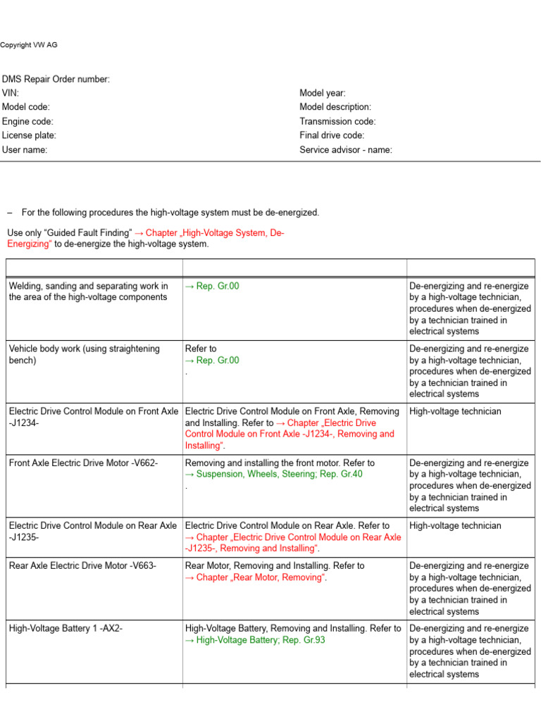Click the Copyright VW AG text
(29, 45)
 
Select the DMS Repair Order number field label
(56, 80)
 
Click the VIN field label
(11, 93)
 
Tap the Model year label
(323, 93)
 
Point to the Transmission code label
(337, 121)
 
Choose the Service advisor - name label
(346, 149)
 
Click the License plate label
(29, 135)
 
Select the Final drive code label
(332, 135)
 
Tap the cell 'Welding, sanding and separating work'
(88, 291)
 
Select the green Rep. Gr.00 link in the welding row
(212, 286)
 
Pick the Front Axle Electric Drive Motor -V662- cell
(83, 463)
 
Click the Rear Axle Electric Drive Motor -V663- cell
(82, 566)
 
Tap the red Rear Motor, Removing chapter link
(256, 577)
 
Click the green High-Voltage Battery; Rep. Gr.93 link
(255, 640)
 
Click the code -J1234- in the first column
(24, 423)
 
